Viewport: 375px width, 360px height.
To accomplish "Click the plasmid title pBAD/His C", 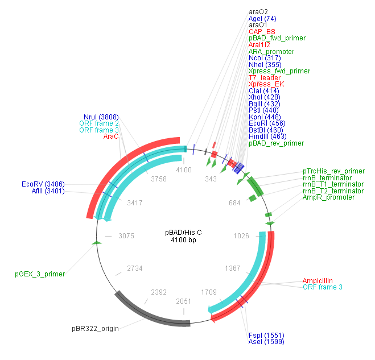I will (183, 233).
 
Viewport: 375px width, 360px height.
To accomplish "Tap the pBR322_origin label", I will (95, 329).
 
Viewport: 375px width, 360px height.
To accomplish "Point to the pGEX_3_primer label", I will (40, 274).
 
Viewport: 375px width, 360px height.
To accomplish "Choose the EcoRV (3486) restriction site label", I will (43, 184).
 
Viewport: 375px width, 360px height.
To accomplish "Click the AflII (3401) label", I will (48, 191).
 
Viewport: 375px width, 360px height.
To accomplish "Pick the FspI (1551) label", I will (266, 335).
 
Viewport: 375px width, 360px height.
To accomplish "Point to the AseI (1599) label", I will (266, 342).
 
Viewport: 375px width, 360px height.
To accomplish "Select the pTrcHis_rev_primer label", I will (333, 171).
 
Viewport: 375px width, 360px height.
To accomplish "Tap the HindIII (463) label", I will (267, 136).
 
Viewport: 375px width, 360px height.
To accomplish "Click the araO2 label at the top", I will (258, 12).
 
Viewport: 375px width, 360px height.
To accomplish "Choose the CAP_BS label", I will (262, 32).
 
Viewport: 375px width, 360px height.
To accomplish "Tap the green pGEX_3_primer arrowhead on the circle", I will (96, 243).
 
